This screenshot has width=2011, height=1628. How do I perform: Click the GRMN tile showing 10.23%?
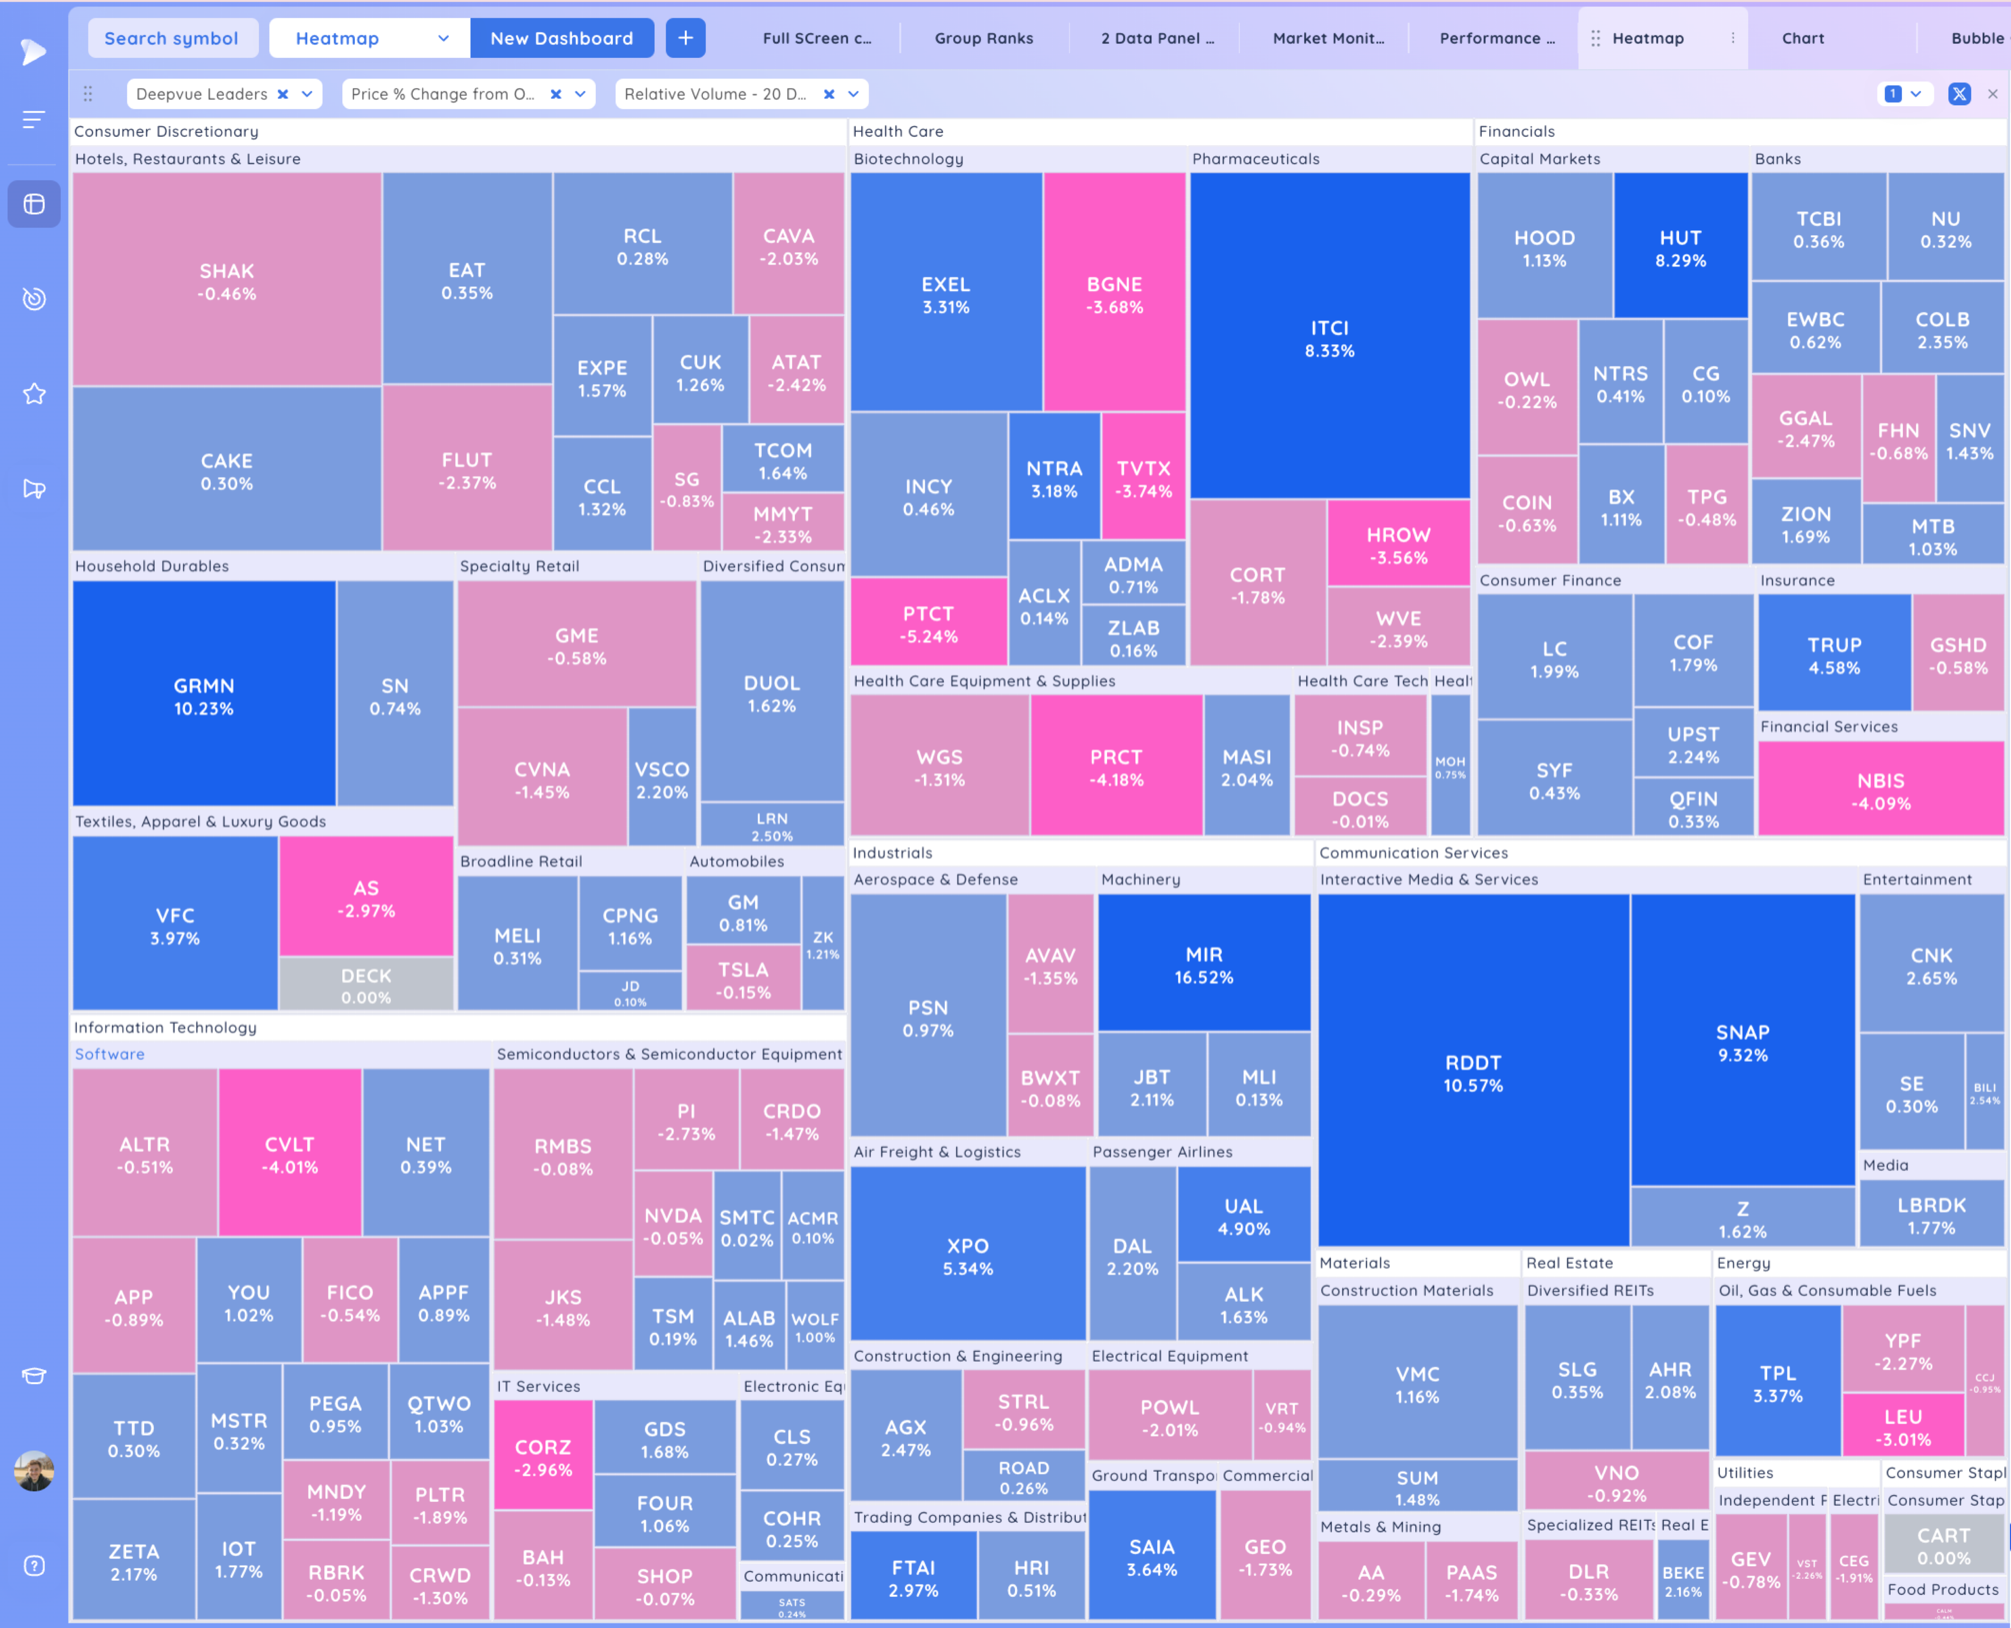pos(204,696)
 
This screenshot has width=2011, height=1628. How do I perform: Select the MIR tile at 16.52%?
pos(1204,964)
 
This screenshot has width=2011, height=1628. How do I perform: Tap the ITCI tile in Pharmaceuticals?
pos(1329,337)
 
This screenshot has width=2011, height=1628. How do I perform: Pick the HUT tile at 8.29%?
pos(1680,247)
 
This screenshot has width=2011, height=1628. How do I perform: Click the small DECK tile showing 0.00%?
pos(365,984)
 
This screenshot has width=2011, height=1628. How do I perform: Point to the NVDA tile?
pos(672,1225)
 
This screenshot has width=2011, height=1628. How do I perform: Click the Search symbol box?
pos(171,38)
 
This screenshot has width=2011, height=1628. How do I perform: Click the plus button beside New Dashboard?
pos(685,38)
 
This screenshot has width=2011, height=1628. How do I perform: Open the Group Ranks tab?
pos(983,38)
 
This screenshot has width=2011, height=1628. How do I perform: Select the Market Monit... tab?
pos(1328,38)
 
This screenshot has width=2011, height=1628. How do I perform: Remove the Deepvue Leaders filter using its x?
pos(282,94)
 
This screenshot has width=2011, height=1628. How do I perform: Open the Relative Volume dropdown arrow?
pos(853,94)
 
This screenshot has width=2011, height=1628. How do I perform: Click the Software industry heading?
pos(110,1054)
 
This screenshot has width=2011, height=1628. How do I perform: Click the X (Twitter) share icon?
pos(1959,94)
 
